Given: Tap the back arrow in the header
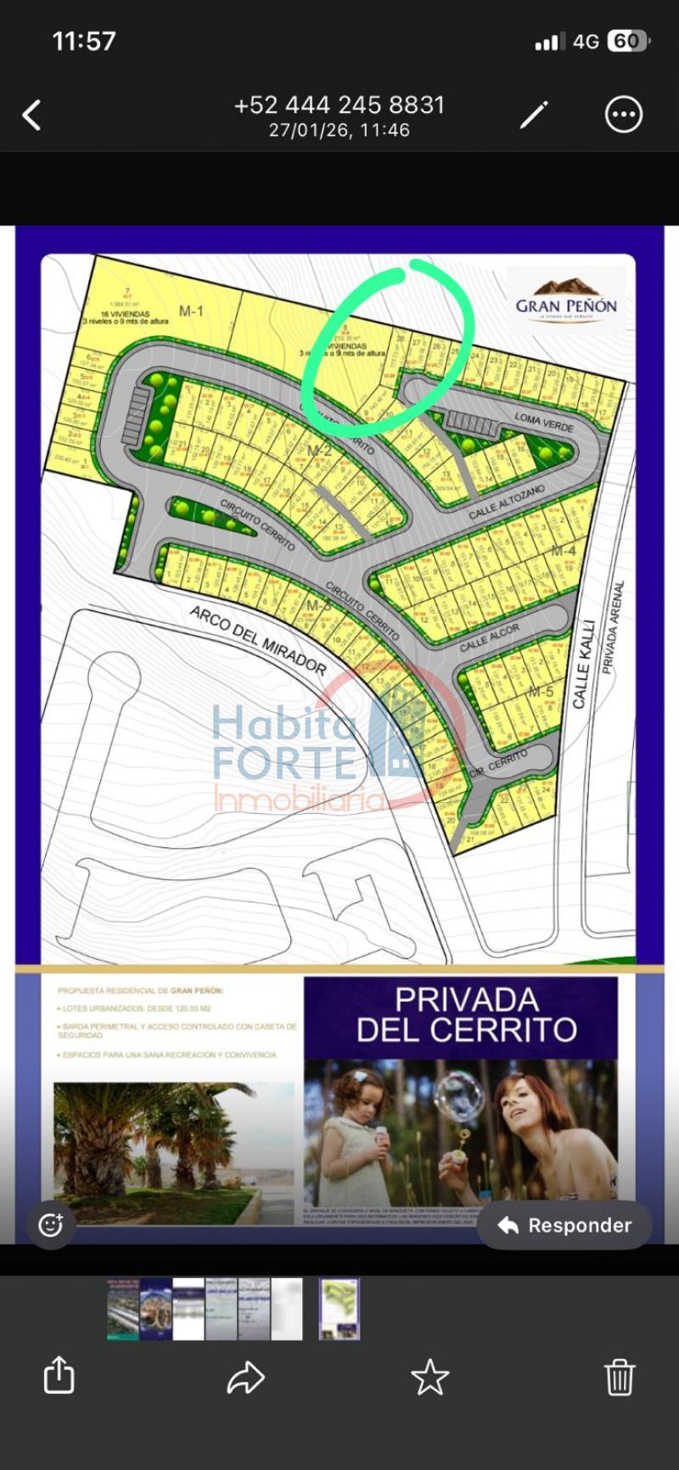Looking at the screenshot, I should (32, 115).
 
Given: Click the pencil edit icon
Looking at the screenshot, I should (534, 115).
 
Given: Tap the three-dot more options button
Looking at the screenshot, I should (624, 115).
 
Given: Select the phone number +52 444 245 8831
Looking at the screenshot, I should (339, 105).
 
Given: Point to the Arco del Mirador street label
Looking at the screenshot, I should (257, 639).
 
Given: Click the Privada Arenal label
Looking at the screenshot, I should (613, 627).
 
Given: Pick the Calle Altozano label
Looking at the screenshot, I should (506, 502).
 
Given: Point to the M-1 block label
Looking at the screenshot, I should (191, 311).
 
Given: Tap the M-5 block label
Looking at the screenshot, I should (541, 692).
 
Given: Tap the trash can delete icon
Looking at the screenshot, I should (620, 1377).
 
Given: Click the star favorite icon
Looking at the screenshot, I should (429, 1377).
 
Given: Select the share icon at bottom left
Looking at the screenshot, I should (59, 1375).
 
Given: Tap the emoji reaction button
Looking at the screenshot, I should (50, 1225).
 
